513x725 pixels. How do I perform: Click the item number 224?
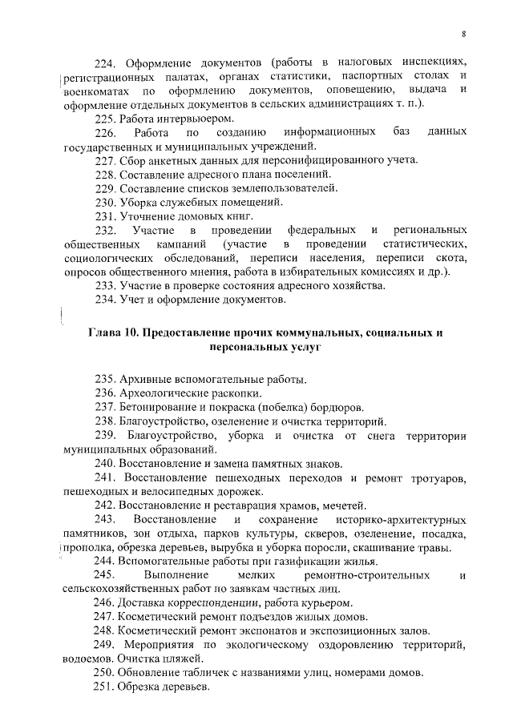point(107,62)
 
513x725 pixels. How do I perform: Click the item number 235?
point(107,379)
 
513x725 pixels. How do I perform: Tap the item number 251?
point(107,687)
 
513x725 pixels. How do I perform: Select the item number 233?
point(107,286)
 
